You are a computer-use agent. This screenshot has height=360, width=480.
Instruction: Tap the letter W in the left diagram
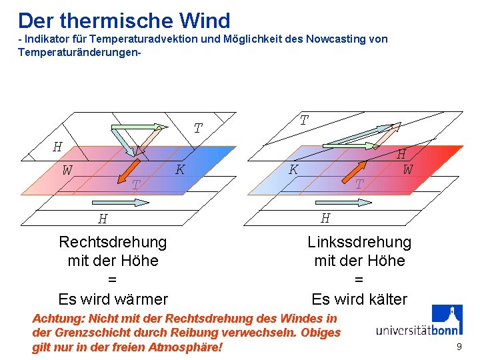coord(67,170)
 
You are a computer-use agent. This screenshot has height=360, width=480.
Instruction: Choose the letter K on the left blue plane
coord(179,169)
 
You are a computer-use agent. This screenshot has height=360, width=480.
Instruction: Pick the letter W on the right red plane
coord(407,169)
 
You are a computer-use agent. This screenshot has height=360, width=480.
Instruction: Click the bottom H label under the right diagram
coord(325,217)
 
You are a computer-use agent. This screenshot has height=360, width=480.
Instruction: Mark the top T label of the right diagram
coord(303,121)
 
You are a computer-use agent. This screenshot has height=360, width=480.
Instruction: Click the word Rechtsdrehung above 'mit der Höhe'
coord(113,241)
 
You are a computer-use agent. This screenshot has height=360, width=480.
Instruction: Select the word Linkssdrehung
coord(359,241)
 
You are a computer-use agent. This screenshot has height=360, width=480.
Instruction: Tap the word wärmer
coord(140,299)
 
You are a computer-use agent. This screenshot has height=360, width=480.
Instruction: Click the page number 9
coord(459,347)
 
